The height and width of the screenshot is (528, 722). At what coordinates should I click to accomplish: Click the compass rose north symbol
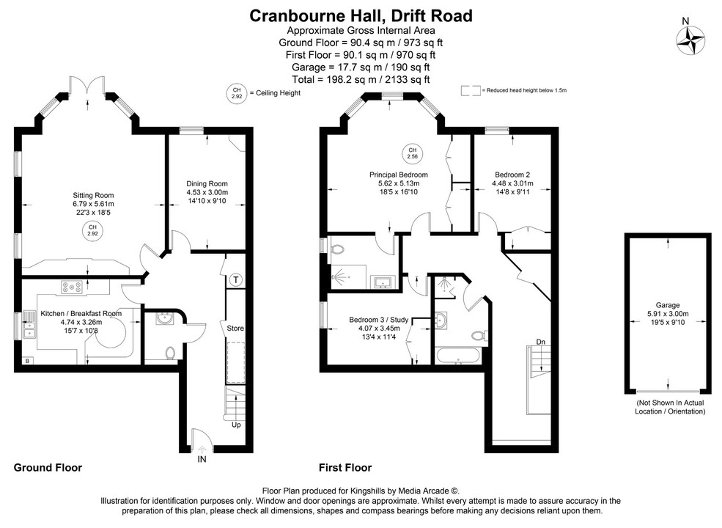click(x=690, y=38)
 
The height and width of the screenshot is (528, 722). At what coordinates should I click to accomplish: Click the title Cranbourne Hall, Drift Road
click(x=361, y=15)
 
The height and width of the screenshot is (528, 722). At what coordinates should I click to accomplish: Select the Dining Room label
click(x=207, y=183)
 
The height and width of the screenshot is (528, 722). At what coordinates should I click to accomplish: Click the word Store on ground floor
click(x=235, y=328)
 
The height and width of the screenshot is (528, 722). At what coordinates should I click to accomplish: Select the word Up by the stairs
click(x=235, y=425)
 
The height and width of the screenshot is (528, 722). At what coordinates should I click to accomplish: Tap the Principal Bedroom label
click(x=398, y=175)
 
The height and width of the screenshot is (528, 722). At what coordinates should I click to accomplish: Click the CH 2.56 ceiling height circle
click(x=412, y=153)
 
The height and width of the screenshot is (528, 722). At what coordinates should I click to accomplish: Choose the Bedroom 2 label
click(x=512, y=174)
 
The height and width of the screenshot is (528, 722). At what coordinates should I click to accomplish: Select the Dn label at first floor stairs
click(x=540, y=342)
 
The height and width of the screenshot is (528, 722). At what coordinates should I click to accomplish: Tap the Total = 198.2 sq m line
click(x=361, y=78)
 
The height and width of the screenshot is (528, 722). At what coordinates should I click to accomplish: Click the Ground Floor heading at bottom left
click(x=48, y=467)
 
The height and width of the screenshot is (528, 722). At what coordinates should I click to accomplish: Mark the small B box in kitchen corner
click(x=27, y=361)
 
